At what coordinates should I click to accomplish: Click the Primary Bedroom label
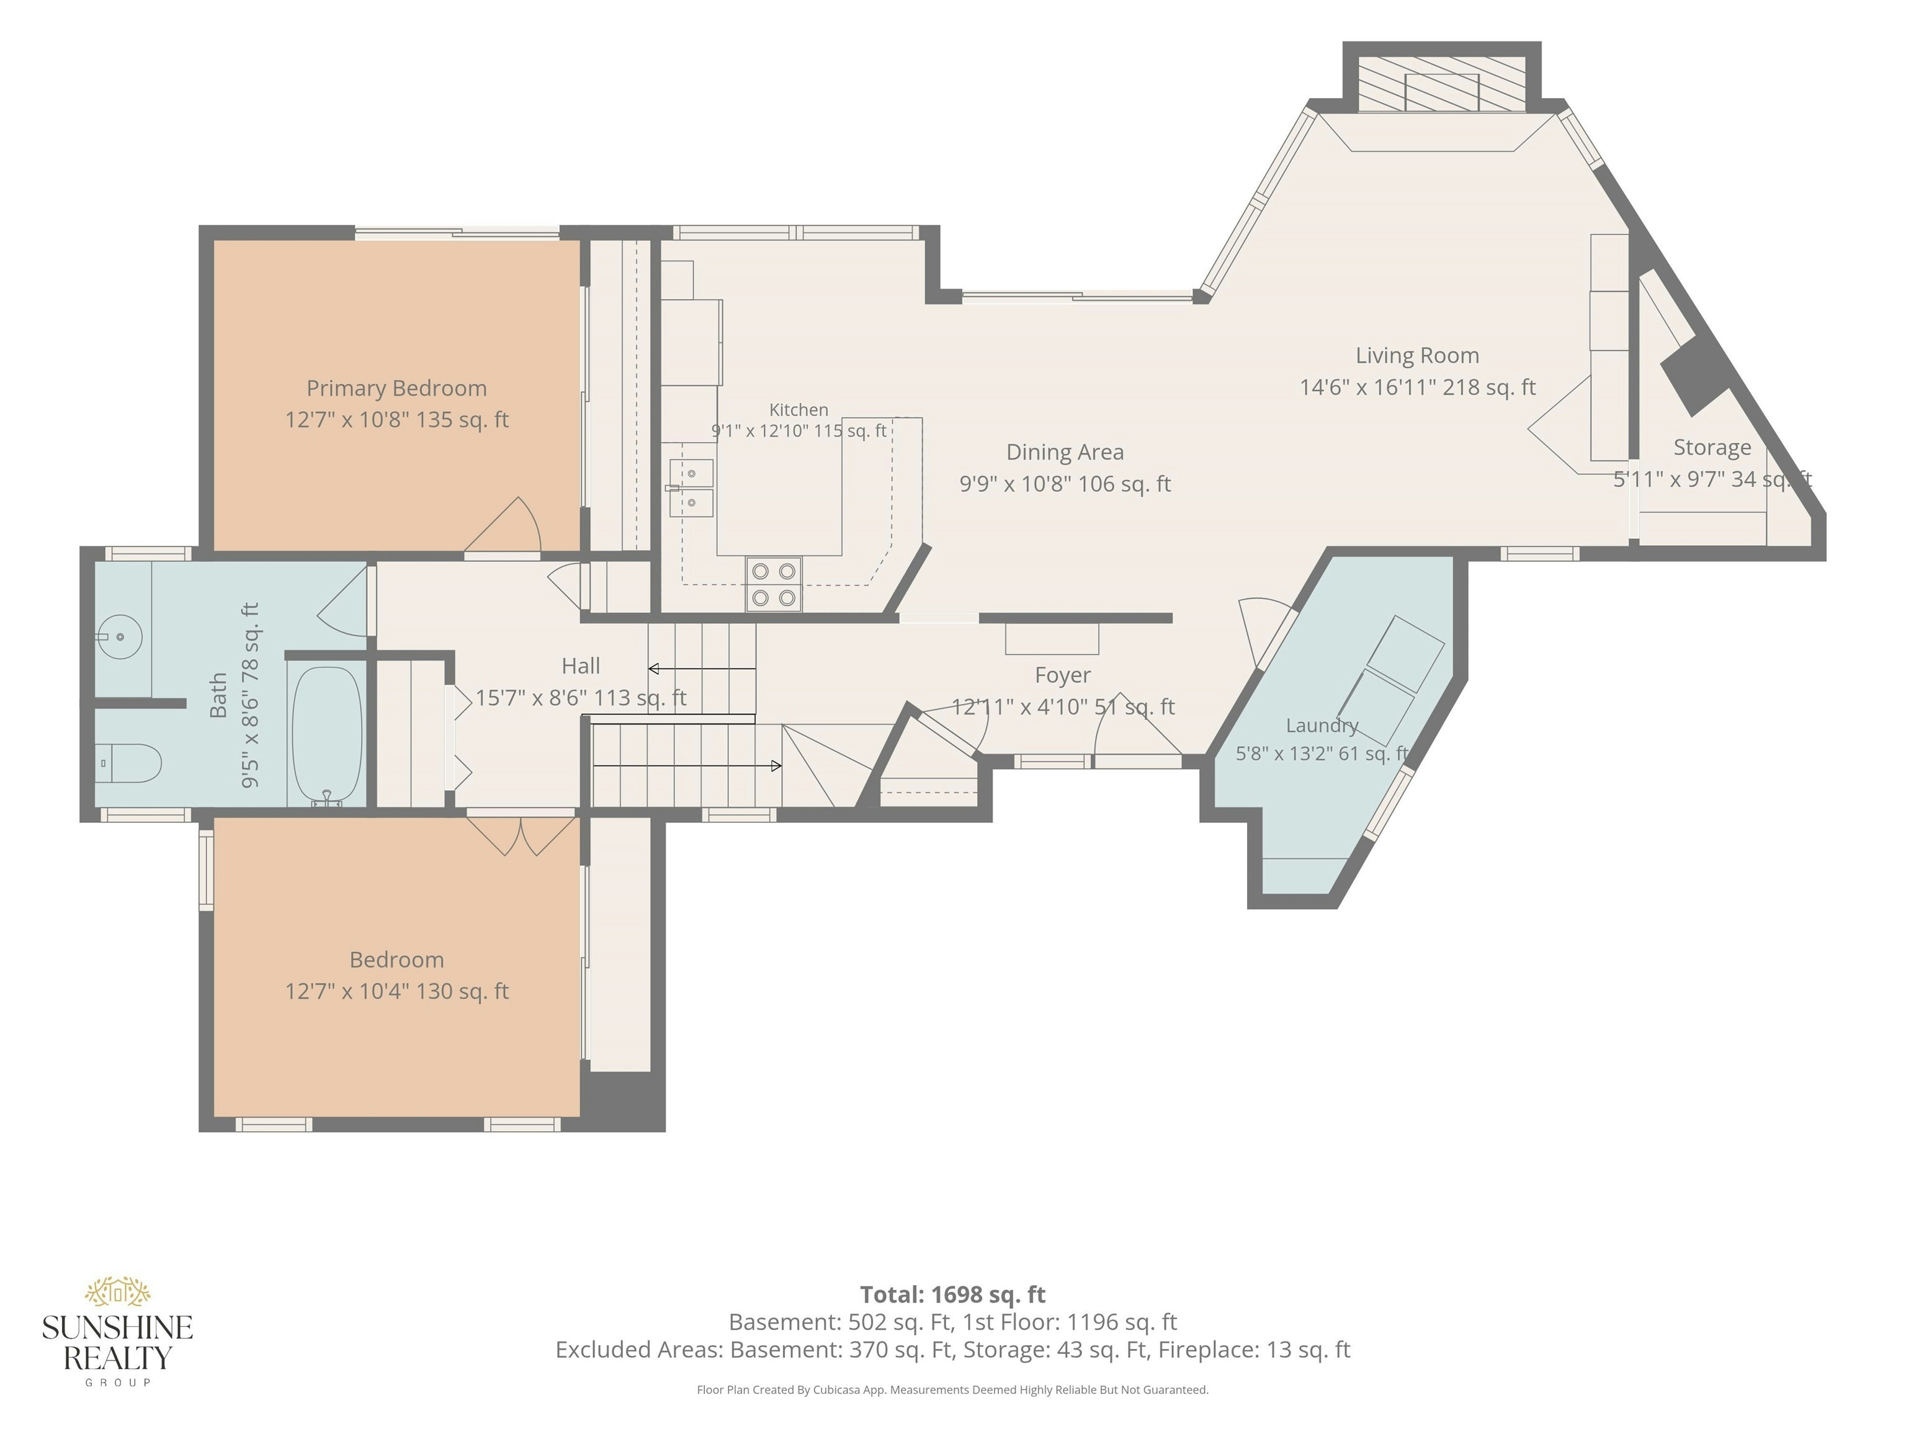396,388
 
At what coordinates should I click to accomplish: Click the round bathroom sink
119,636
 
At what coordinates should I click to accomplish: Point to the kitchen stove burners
774,584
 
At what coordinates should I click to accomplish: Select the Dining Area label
1065,452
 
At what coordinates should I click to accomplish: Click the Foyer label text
1062,675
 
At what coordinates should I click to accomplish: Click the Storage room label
1712,448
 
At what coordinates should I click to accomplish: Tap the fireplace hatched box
1441,84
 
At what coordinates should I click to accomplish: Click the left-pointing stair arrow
702,669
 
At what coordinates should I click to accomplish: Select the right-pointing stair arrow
687,766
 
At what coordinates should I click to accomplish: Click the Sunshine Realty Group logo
117,1331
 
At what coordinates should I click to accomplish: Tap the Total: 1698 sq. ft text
953,1294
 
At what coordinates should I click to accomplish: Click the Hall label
581,666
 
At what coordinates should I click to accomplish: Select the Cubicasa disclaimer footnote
953,1389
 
